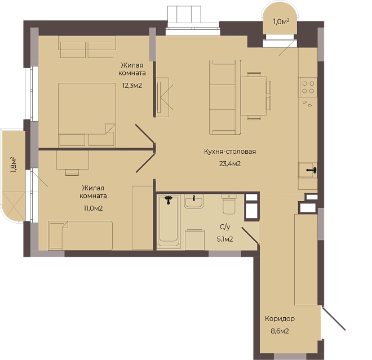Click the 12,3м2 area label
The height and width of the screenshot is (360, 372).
(132, 86)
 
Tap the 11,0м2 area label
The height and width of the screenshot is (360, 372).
(93, 208)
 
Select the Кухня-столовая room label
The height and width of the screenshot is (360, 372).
(230, 152)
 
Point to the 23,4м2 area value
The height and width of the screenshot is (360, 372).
(230, 163)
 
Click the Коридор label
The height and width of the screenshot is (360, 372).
(280, 318)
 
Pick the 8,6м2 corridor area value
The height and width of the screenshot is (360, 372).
(280, 331)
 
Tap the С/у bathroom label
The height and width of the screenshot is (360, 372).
(225, 227)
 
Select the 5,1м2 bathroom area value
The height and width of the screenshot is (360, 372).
(225, 239)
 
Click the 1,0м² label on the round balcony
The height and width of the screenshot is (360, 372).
(281, 22)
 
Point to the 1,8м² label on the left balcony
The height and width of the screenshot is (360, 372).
(14, 165)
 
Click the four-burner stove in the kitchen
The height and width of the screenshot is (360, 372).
(308, 87)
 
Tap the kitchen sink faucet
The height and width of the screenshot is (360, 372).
(312, 170)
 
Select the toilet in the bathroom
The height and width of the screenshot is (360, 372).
(229, 204)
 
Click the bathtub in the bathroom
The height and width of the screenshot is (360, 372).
(169, 220)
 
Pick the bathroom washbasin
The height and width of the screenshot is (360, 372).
(194, 201)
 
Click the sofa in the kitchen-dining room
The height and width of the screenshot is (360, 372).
(225, 97)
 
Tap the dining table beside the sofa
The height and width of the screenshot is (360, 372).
(254, 96)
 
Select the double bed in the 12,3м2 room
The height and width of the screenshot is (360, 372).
(87, 115)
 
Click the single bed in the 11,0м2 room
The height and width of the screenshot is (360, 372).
(81, 235)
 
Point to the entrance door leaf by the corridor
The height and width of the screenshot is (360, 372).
(334, 318)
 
